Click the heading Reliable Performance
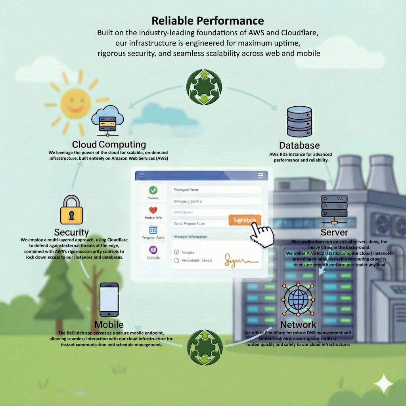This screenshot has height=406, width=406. point(208,21)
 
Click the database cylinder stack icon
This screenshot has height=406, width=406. point(299,122)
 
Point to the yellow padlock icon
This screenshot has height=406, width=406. point(71,211)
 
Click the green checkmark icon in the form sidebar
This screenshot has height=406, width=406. point(153,190)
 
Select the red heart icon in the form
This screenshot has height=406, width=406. point(153,210)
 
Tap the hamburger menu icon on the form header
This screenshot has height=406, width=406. point(260,175)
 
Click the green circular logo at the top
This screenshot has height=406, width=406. point(204,87)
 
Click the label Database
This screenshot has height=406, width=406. point(299,145)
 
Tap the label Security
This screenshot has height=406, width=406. point(71,232)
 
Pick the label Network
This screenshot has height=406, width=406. point(298,325)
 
